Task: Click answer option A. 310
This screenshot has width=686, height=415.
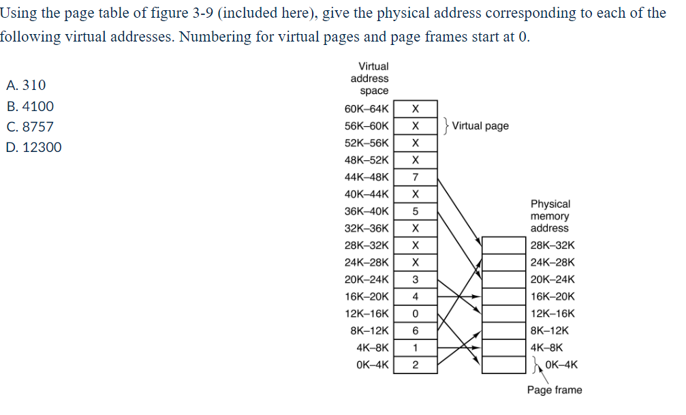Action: tap(25, 85)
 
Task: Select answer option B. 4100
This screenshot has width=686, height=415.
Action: tap(29, 106)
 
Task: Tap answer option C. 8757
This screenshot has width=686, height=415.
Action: tap(29, 127)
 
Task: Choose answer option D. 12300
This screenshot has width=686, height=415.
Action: tap(33, 147)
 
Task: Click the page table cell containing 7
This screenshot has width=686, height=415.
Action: tap(415, 177)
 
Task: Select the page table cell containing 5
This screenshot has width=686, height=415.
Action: tap(415, 211)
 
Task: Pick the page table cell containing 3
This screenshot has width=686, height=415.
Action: tap(415, 279)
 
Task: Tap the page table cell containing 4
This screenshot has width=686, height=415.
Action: tap(415, 296)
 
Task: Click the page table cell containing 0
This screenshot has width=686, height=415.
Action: tap(415, 313)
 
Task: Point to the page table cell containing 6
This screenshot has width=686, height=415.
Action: tap(415, 331)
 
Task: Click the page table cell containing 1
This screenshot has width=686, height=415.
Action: tap(415, 348)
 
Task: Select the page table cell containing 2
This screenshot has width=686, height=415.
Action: tap(415, 365)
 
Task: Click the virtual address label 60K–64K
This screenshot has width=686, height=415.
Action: tap(367, 109)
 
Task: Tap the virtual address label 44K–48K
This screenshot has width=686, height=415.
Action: tap(367, 177)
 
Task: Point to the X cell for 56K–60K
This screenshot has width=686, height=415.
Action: tap(415, 126)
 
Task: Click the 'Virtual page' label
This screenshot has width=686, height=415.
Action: tap(480, 126)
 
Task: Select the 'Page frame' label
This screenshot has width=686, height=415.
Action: tap(554, 390)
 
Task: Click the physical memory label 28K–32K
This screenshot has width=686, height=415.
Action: tap(552, 245)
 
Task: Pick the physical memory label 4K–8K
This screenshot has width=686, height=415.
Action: tap(546, 348)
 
